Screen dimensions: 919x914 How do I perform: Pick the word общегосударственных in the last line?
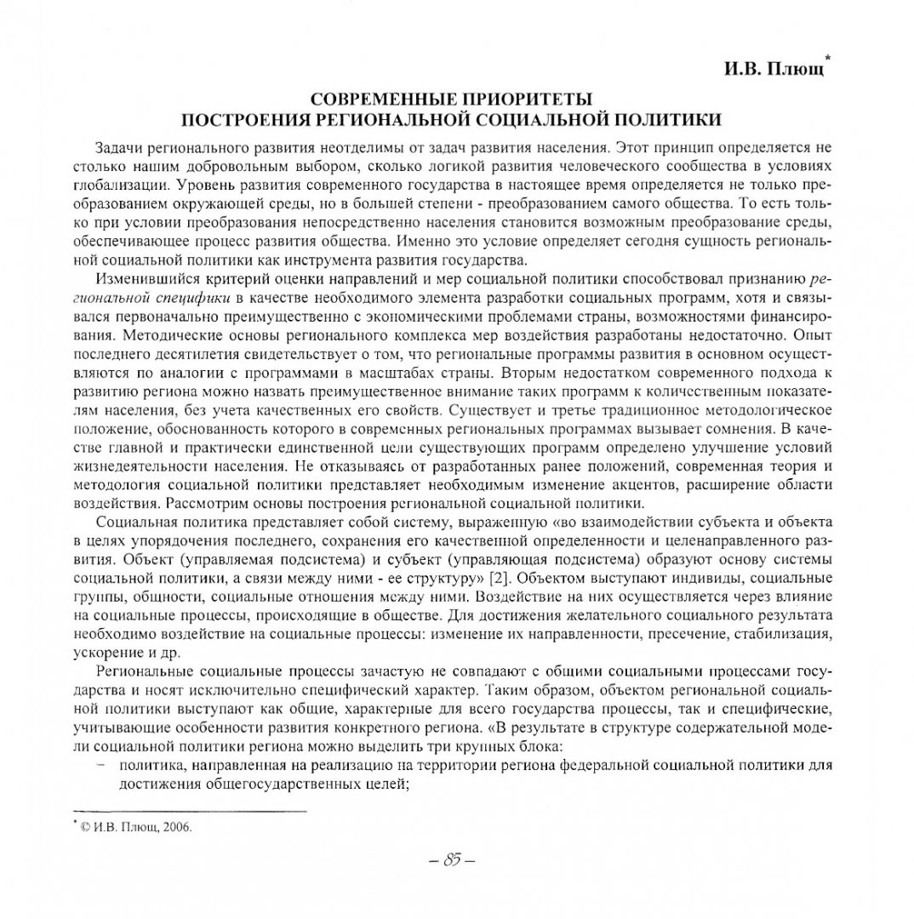click(273, 785)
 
